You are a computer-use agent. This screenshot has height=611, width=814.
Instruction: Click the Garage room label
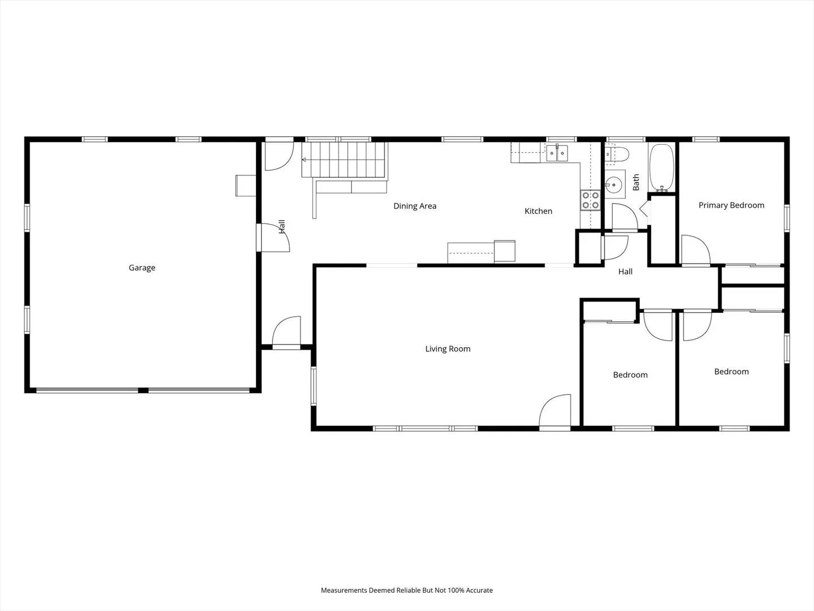(x=142, y=268)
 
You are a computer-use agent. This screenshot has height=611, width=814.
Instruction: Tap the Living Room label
(x=448, y=348)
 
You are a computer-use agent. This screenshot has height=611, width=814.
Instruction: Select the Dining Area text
(x=415, y=206)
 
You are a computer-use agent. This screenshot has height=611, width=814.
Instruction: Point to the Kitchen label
(x=539, y=211)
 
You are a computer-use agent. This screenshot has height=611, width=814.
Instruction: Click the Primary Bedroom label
(x=731, y=205)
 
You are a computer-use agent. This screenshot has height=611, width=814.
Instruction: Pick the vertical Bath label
(x=636, y=182)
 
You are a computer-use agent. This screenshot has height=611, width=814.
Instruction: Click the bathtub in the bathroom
(x=661, y=168)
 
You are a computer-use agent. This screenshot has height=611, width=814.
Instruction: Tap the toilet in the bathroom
(x=617, y=154)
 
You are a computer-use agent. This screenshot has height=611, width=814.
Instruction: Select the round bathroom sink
(x=614, y=184)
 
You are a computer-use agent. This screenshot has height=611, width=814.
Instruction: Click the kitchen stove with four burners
(x=590, y=200)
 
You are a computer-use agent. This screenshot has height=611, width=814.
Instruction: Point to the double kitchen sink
(x=557, y=153)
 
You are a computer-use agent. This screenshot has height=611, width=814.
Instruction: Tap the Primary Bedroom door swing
(x=696, y=249)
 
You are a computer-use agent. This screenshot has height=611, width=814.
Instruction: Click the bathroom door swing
(x=625, y=217)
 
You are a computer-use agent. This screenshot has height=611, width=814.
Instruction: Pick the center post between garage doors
(x=143, y=390)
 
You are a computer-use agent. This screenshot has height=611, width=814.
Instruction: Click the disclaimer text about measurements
(x=407, y=590)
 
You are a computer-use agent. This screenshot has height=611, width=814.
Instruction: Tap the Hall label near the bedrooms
(x=625, y=272)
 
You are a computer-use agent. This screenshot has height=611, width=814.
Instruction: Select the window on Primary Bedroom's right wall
(x=787, y=218)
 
